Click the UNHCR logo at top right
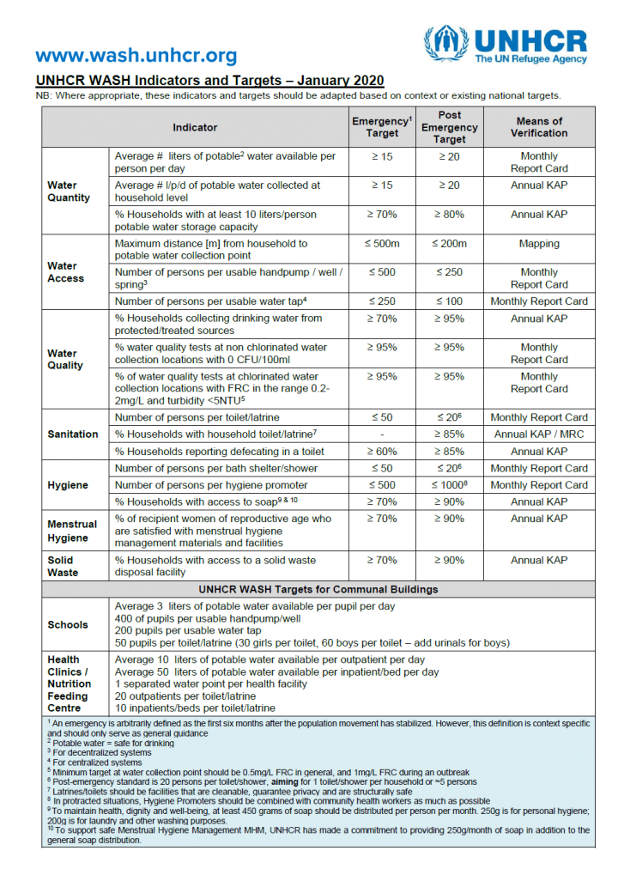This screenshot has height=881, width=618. point(506,45)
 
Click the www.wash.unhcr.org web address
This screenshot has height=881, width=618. point(136,56)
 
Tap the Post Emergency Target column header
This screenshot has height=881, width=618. point(449,127)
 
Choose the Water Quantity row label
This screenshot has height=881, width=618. point(69,191)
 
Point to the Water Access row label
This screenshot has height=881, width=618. point(66,272)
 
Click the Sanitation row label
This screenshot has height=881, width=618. point(73,434)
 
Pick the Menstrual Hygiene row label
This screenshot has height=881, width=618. point(73,531)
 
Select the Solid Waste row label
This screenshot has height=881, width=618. point(63,566)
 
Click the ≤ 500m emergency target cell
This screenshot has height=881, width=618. point(382,244)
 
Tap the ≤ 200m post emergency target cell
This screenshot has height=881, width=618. point(449,244)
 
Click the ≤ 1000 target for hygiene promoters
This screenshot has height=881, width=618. point(449,485)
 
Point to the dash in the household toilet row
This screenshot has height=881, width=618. point(382,434)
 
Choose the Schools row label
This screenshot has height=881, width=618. point(68,625)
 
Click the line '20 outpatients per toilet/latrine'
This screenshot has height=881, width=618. point(185,696)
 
